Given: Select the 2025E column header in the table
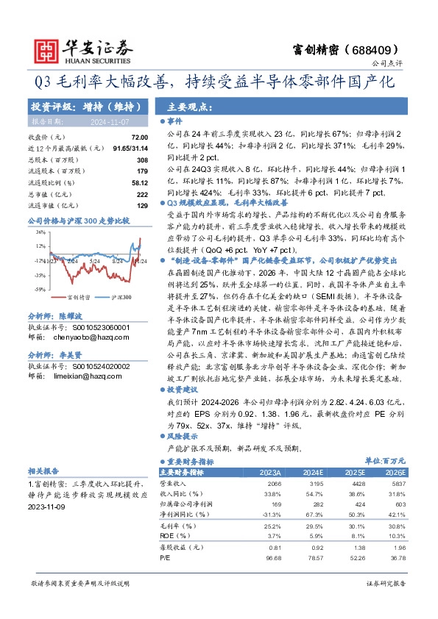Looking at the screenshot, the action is pos(355,472).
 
